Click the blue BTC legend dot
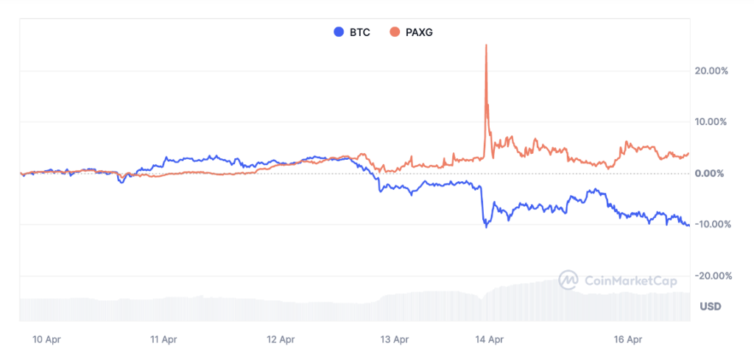(x=339, y=32)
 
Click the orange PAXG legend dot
(x=395, y=32)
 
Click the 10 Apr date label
(x=46, y=339)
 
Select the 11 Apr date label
(x=163, y=339)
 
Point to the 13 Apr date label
(x=395, y=339)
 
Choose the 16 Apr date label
(x=628, y=339)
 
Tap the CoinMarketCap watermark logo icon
(x=568, y=280)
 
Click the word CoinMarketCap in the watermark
(x=630, y=280)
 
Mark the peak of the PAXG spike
(x=486, y=46)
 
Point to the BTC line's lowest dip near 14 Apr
(x=486, y=227)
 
